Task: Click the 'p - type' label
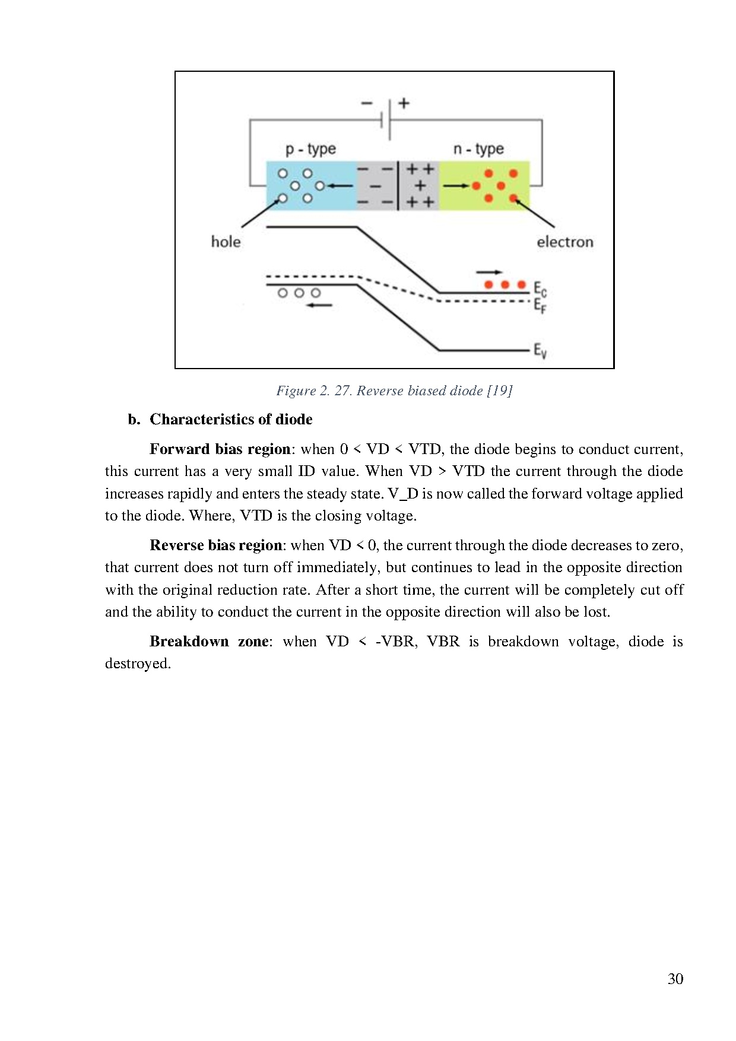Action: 310,149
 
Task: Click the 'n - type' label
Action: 478,149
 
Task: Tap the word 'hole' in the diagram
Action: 226,242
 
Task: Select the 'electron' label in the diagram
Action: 564,242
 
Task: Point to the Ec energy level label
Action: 540,289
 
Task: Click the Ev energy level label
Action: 540,350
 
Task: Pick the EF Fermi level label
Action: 540,306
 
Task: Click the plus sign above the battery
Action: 404,103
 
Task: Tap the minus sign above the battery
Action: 367,103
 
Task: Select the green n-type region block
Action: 484,185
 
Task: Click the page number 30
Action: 675,979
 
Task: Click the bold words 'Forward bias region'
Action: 220,449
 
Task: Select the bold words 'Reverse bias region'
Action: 215,545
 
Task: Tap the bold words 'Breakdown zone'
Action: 209,642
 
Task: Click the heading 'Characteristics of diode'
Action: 231,420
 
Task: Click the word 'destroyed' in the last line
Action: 137,664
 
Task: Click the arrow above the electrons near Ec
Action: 488,272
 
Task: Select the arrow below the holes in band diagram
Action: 319,305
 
